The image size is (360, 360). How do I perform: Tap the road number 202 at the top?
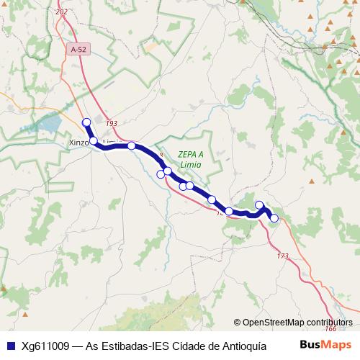[60, 12]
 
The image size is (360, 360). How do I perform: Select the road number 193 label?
[111, 124]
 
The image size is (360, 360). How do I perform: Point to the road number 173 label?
[282, 256]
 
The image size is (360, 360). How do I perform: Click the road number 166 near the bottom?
[330, 328]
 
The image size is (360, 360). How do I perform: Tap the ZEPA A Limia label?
[191, 159]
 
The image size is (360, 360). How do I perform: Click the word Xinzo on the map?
[78, 142]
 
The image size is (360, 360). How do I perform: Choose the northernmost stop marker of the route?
[86, 122]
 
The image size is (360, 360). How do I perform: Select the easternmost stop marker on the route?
[274, 218]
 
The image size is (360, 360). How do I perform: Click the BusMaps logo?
[325, 345]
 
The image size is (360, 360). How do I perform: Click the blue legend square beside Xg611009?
[9, 346]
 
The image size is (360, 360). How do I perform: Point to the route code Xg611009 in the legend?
[45, 346]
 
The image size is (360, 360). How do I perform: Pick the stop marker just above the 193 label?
[86, 122]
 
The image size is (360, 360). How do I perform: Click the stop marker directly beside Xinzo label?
[93, 140]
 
